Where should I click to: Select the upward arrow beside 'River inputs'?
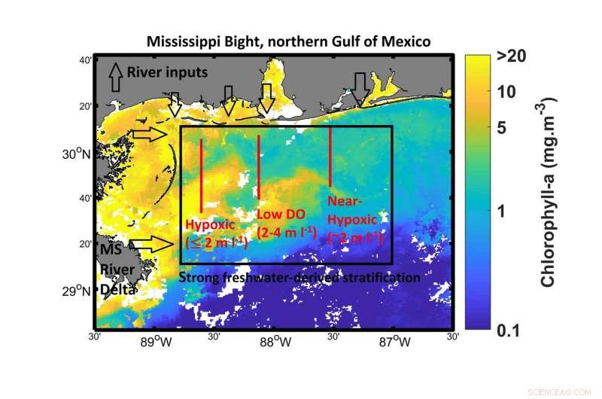[116, 76]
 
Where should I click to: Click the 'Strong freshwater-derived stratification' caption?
[300, 277]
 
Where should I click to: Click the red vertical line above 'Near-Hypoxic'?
[331, 156]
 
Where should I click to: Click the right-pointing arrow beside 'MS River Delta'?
[151, 243]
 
